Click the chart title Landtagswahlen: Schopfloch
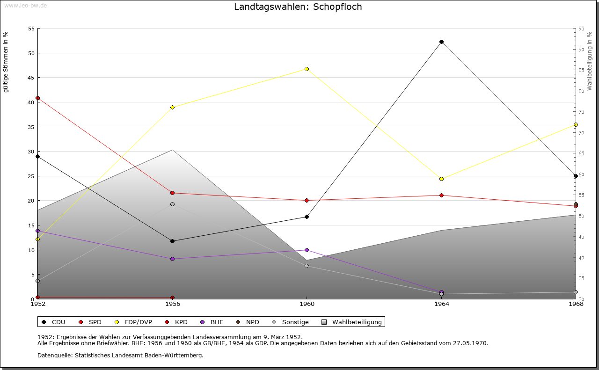[298, 7]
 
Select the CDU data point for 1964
[441, 42]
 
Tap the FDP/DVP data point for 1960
[307, 69]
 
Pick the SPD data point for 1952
[37, 98]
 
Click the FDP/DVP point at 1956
[172, 107]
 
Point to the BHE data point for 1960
[307, 250]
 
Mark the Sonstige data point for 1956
[172, 204]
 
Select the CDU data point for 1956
[172, 241]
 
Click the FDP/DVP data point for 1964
[441, 179]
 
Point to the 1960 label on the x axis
[307, 304]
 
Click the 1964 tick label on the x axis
[441, 304]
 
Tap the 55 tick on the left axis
[31, 29]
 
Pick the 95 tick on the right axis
[581, 29]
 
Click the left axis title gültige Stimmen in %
[6, 62]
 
